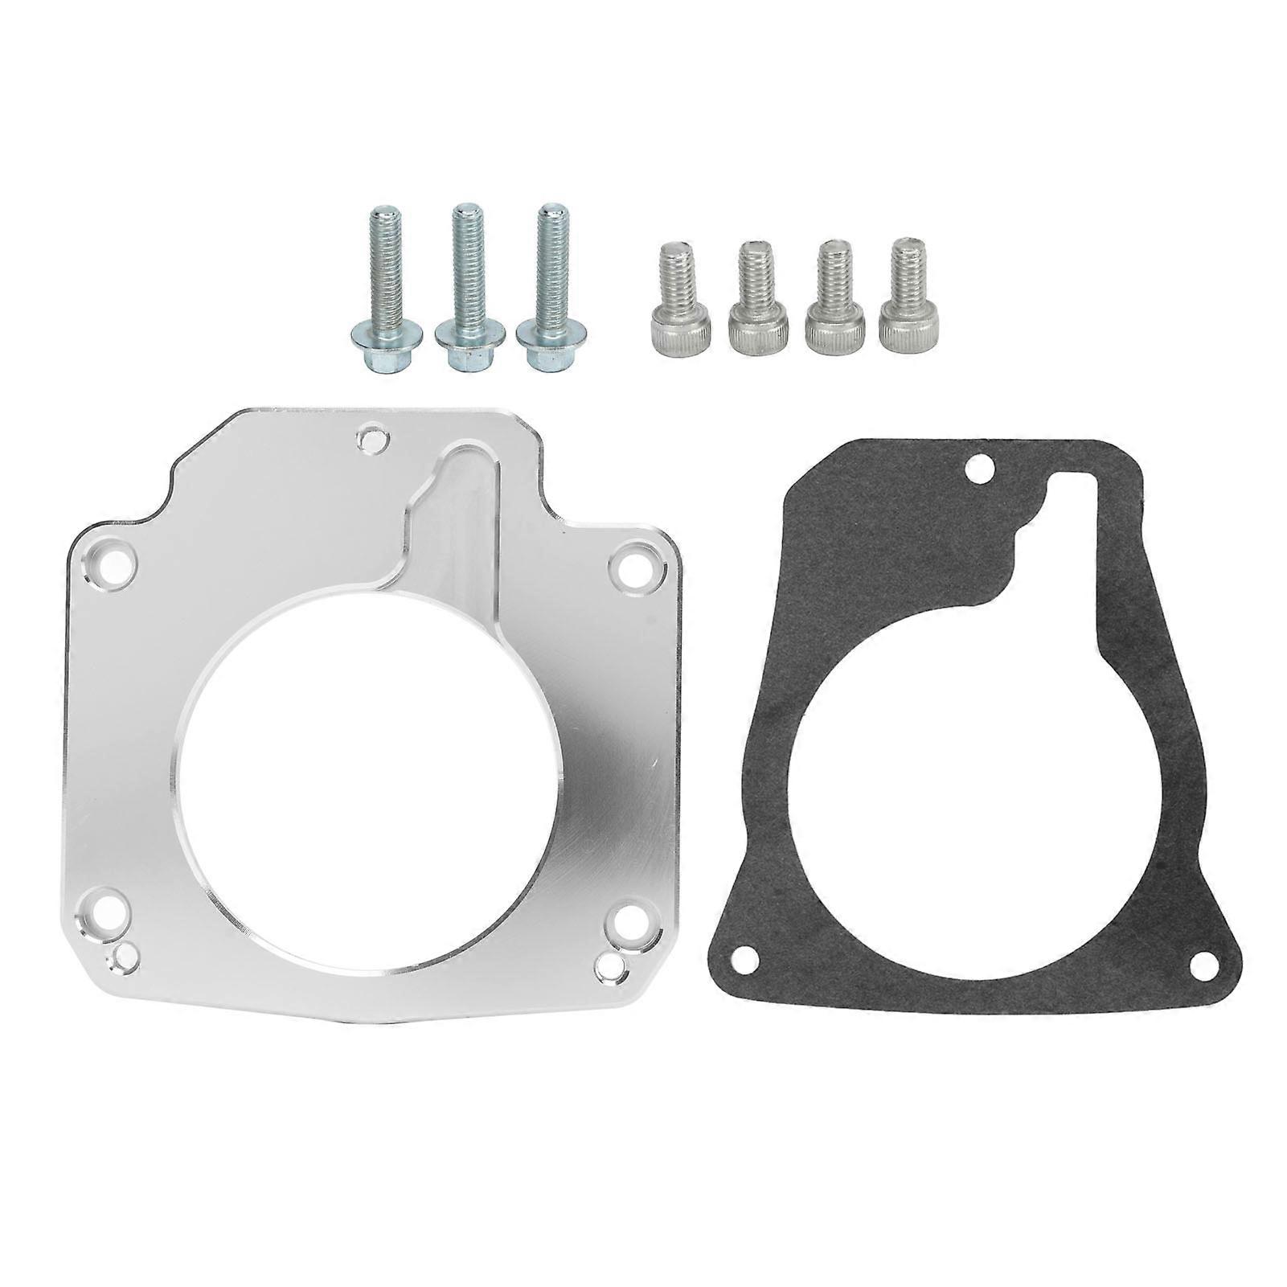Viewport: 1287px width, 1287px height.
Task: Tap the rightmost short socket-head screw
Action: (x=908, y=298)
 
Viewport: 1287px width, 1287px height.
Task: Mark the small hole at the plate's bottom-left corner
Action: (x=125, y=957)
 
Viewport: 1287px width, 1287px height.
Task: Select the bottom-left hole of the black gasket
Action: (x=748, y=956)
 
